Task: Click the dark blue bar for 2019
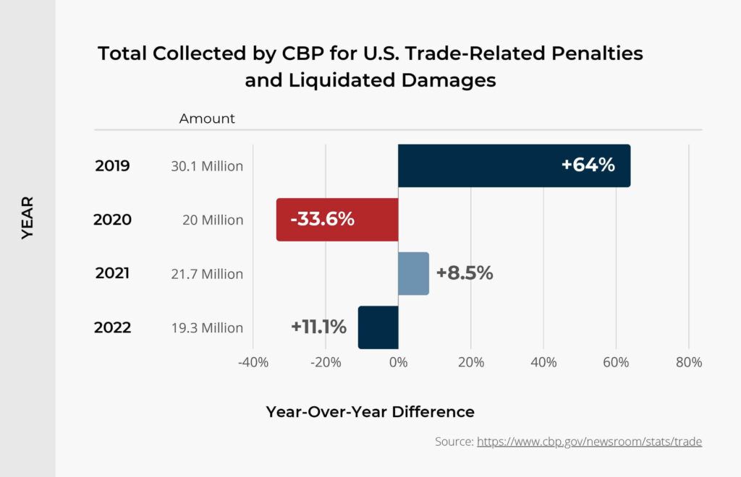point(514,166)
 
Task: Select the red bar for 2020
point(337,220)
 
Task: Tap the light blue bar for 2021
point(413,273)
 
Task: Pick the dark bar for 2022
point(378,327)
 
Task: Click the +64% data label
point(588,165)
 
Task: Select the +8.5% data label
point(464,273)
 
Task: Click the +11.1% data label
point(318,327)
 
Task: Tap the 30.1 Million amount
point(207,166)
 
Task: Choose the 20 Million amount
point(212,220)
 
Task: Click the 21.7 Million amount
point(207,274)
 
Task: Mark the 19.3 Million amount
point(207,328)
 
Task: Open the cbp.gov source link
point(589,441)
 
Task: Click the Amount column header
point(207,119)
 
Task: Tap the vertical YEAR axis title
point(27,217)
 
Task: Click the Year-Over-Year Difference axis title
point(370,412)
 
